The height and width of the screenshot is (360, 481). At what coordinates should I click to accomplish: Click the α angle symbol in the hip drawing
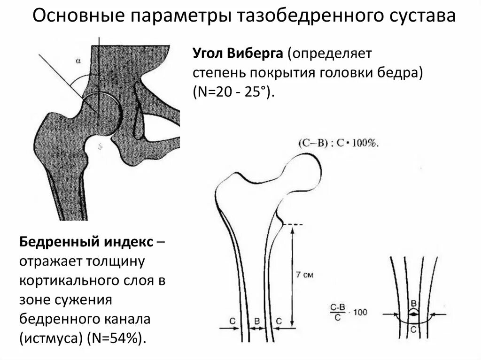pos(78,60)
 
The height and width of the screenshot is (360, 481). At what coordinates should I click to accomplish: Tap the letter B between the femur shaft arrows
pos(256,321)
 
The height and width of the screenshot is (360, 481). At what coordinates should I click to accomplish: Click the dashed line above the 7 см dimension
pos(292,224)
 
